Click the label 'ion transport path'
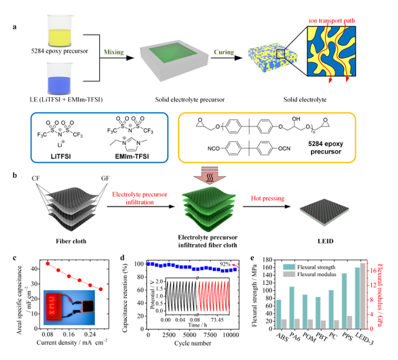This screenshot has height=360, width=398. [x=336, y=21]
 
